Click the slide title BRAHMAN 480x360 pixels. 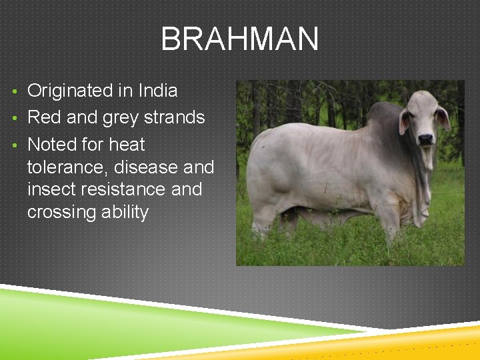239,39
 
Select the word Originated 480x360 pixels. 70,90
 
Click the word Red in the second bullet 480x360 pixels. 44,117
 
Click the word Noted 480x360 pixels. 53,145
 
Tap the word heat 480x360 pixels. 127,145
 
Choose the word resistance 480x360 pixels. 126,189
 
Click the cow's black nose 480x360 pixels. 425,139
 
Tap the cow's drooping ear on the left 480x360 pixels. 404,121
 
